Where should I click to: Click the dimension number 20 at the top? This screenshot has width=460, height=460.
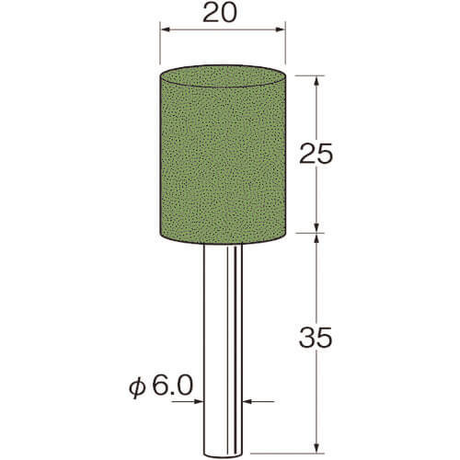[220, 13]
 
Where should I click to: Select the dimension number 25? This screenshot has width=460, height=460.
[316, 154]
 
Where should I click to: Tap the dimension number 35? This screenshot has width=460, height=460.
[316, 338]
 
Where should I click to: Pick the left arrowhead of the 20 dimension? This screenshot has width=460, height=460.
[166, 29]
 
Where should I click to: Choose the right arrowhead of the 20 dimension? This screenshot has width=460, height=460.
[281, 29]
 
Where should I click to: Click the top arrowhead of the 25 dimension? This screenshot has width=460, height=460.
[317, 80]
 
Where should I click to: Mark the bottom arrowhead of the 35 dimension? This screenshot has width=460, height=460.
[317, 447]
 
